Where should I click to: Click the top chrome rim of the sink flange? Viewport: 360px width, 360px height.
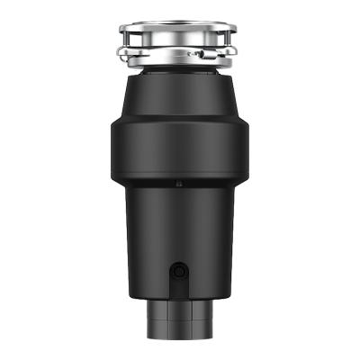click(x=179, y=28)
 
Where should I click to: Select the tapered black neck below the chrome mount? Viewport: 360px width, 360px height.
click(x=179, y=90)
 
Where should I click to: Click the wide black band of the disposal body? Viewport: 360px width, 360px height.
click(x=179, y=148)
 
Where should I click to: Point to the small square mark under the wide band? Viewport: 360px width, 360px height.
click(x=179, y=184)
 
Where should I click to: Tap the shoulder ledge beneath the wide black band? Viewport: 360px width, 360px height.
click(x=179, y=193)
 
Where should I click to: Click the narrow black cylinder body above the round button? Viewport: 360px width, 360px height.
click(x=179, y=229)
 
